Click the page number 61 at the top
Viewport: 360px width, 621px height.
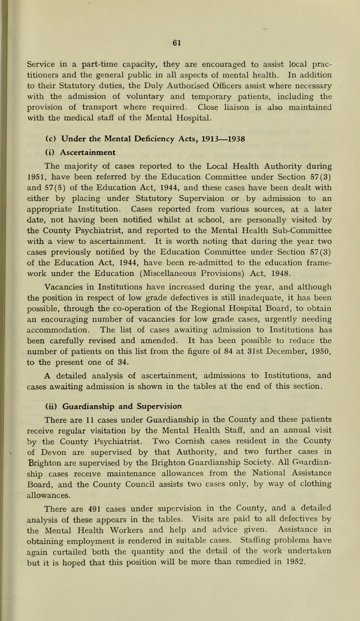pos(180,32)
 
